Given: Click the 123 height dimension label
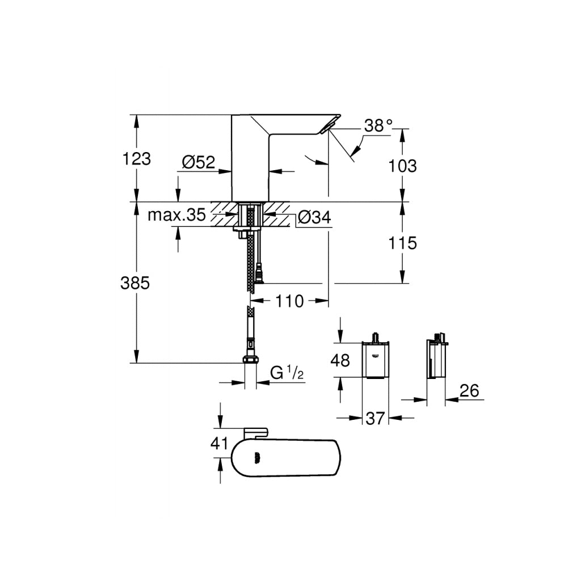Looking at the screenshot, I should pos(137,159).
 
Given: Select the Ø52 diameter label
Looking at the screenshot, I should pos(199,163).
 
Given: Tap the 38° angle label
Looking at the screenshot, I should pos(378,125).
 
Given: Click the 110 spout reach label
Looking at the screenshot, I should pos(290,301).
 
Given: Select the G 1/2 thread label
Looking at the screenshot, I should pos(288,373).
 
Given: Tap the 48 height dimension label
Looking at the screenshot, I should pos(340,361).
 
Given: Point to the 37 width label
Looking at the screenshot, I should pos(375,419).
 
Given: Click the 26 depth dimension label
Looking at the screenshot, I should pos(468,390).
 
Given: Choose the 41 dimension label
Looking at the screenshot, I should pos(219,443).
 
